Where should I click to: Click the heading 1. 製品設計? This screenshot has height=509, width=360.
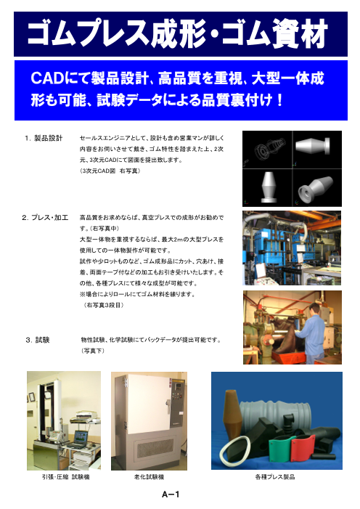[43, 137]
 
